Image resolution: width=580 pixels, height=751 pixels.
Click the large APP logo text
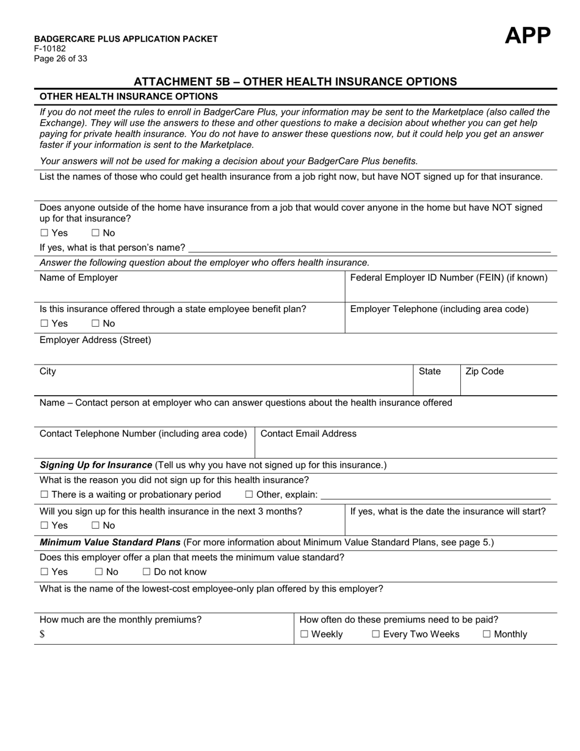click(527, 36)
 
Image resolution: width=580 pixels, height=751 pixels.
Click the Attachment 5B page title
click(295, 81)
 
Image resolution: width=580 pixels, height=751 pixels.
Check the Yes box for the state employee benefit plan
click(44, 324)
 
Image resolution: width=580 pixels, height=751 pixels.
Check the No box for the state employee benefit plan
click(95, 324)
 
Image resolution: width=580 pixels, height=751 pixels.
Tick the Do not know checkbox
click(147, 572)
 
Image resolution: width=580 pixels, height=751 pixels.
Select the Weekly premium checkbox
click(304, 634)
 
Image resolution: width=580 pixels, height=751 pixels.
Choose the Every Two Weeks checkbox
click(376, 634)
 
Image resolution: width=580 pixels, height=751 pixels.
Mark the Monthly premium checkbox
click(487, 634)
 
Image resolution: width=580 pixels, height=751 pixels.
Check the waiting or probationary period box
click(44, 495)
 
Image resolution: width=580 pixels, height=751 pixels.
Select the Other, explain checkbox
click(249, 495)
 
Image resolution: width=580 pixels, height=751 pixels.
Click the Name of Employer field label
click(78, 278)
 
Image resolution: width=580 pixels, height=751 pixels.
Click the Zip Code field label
click(484, 371)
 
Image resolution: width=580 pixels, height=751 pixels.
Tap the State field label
click(429, 371)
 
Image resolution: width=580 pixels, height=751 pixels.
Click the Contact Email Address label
click(308, 434)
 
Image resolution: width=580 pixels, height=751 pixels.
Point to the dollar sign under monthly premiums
click(42, 634)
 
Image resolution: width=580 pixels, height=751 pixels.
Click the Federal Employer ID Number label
click(448, 278)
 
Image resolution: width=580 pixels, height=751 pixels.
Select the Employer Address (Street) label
click(95, 340)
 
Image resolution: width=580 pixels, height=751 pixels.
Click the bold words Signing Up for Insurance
click(96, 465)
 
